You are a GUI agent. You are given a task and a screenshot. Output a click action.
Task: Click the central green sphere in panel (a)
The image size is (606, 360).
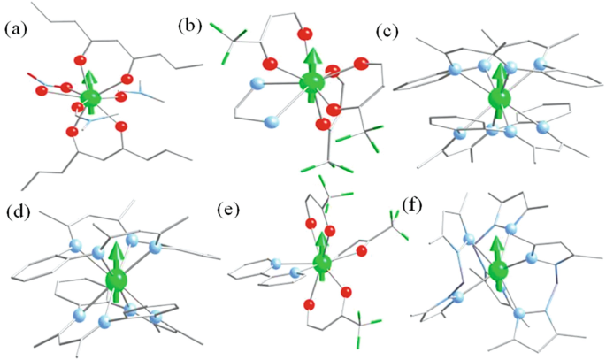(90, 98)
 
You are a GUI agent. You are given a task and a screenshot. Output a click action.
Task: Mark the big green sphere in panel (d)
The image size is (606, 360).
(116, 281)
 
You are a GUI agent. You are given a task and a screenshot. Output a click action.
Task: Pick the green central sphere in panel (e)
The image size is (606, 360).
(322, 264)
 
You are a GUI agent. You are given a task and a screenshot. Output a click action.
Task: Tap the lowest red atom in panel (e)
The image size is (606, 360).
(309, 305)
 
